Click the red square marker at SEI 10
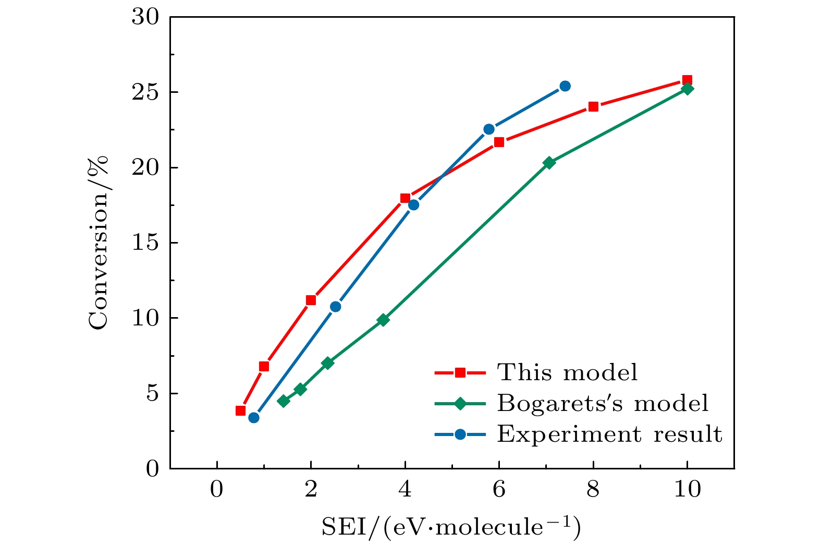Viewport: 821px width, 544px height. pos(687,80)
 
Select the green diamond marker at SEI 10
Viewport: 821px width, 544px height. pos(688,89)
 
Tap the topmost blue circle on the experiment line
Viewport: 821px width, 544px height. pos(565,86)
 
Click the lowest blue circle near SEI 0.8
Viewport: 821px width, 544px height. pos(254,418)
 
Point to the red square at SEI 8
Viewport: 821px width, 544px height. pos(593,107)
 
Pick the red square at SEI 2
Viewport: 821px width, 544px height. pos(311,300)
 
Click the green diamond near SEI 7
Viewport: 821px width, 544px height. pos(549,163)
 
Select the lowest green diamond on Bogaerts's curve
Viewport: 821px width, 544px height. pos(284,401)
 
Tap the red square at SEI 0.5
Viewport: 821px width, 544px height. pos(240,410)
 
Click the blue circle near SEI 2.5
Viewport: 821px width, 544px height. pos(336,307)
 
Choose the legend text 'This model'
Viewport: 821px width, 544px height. pos(567,372)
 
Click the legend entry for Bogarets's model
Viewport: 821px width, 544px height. pos(603,403)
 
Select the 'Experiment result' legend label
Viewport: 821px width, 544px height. pos(609,434)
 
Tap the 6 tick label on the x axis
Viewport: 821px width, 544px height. pos(499,491)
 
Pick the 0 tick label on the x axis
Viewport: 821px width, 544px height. pos(217,491)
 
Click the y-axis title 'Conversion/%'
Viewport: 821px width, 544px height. pos(99,243)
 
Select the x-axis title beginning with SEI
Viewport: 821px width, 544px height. pos(451,527)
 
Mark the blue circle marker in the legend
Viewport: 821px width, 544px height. pos(460,434)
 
